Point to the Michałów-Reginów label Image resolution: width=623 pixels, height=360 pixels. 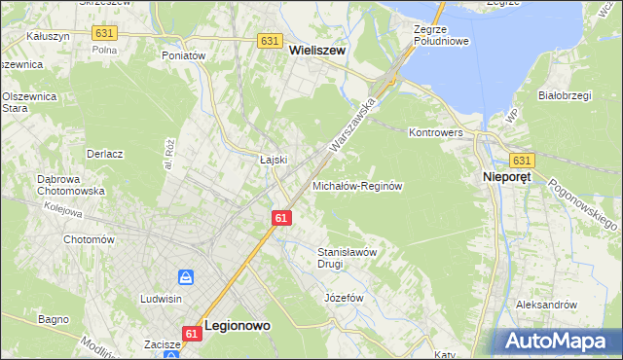356,185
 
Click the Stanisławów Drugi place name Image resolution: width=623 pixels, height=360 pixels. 347,257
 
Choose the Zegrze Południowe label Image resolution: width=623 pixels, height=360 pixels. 441,36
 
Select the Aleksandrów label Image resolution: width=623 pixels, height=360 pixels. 546,305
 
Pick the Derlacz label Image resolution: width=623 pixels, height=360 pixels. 104,154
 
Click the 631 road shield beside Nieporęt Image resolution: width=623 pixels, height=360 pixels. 522,161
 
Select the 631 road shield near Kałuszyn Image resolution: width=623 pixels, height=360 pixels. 105,33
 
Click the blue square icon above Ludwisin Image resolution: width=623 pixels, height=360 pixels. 188,277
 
